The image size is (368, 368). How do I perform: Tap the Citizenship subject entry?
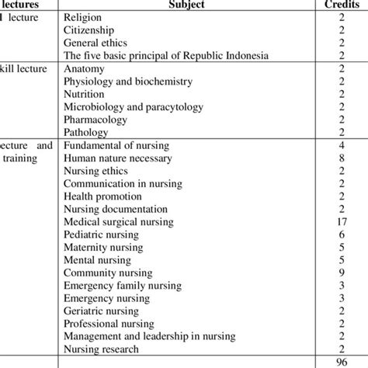pos(90,30)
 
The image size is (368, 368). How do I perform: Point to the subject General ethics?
pos(96,43)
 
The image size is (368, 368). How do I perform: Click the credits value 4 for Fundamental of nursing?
pos(342,146)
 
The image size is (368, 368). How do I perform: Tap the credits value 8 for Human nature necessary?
pos(342,159)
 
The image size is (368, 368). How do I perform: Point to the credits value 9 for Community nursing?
pos(342,273)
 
